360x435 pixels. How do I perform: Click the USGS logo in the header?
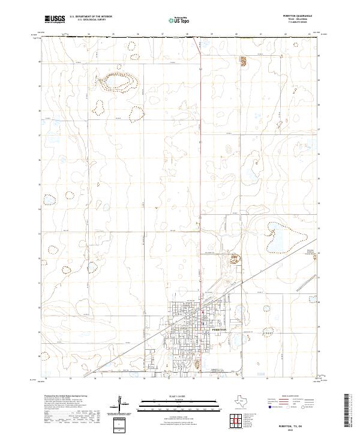coord(55,19)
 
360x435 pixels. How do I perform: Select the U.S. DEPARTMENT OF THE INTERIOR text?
coord(91,17)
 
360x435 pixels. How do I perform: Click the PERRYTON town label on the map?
coord(218,330)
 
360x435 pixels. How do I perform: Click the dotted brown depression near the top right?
coord(244,61)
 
